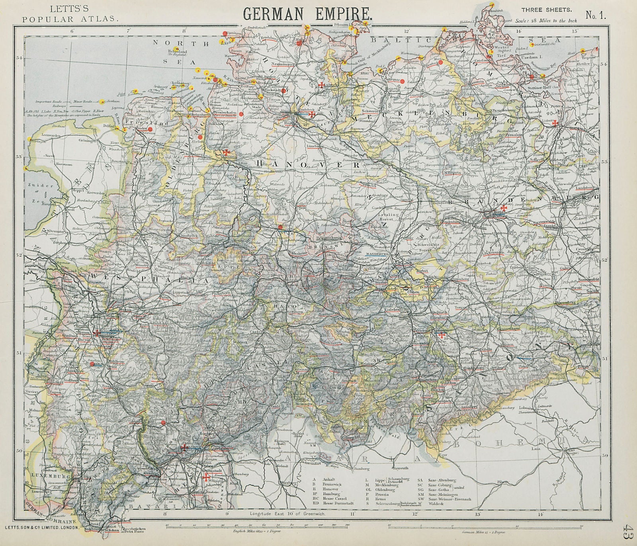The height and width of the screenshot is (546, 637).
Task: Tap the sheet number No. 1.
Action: point(596,16)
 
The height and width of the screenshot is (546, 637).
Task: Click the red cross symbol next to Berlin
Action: point(504,208)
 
